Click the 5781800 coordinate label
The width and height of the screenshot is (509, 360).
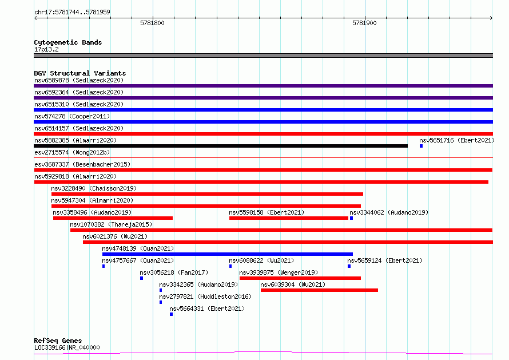[x=152, y=23]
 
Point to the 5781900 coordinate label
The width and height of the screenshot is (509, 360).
[x=364, y=23]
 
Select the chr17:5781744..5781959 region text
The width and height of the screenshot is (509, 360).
[x=72, y=13]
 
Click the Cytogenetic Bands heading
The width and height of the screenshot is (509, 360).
[x=68, y=42]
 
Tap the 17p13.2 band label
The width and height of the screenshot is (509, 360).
[x=46, y=49]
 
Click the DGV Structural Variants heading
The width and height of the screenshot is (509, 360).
[x=80, y=73]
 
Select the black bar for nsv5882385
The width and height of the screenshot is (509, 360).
[x=221, y=146]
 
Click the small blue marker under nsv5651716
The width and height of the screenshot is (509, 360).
[x=421, y=146]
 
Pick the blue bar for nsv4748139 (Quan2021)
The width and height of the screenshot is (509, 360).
[x=227, y=255]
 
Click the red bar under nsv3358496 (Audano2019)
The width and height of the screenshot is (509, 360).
[x=113, y=218]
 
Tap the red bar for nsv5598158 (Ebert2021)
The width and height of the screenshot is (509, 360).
[x=289, y=218]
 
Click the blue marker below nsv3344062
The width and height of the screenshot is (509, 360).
[x=351, y=218]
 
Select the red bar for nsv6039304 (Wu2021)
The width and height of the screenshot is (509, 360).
[x=319, y=291]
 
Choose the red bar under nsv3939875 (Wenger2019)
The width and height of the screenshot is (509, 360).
[x=300, y=279]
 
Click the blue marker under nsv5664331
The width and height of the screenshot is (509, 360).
[x=171, y=315]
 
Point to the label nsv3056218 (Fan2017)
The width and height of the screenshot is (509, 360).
[x=174, y=272]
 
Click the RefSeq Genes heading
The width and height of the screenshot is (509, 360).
[x=58, y=341]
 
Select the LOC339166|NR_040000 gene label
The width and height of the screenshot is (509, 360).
[x=67, y=347]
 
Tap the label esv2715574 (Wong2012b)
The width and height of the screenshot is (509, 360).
[x=72, y=152]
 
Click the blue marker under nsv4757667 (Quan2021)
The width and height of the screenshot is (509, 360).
[x=104, y=267]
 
